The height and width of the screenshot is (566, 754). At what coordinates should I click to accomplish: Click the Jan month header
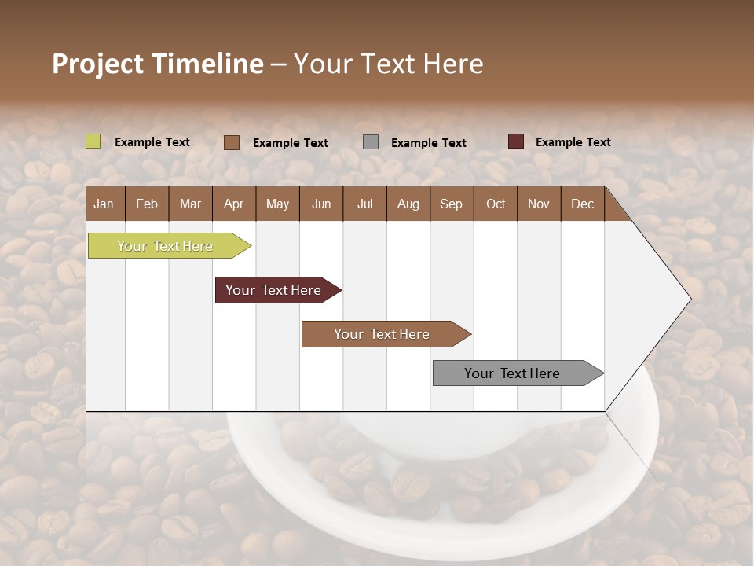point(104,204)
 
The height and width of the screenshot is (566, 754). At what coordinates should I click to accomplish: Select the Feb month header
point(147,204)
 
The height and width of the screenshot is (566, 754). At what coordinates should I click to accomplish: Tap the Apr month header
point(233,204)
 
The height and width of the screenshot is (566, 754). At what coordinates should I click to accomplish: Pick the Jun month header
point(321,204)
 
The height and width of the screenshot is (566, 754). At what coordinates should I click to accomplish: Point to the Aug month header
point(408,204)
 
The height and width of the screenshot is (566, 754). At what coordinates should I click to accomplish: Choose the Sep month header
point(451,204)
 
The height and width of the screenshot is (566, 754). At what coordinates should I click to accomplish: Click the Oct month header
point(496,204)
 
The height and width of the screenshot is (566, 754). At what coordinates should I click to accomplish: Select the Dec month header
point(582,204)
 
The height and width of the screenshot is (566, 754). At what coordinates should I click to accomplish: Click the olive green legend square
point(93,141)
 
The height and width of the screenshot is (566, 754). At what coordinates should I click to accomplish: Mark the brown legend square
point(232,142)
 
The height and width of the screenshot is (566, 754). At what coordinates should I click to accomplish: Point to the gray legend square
point(371,142)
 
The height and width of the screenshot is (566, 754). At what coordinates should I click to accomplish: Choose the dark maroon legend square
point(515,141)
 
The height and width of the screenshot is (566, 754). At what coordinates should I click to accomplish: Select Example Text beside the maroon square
point(573,142)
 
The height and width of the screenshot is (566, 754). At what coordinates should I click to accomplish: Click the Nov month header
point(538,204)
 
